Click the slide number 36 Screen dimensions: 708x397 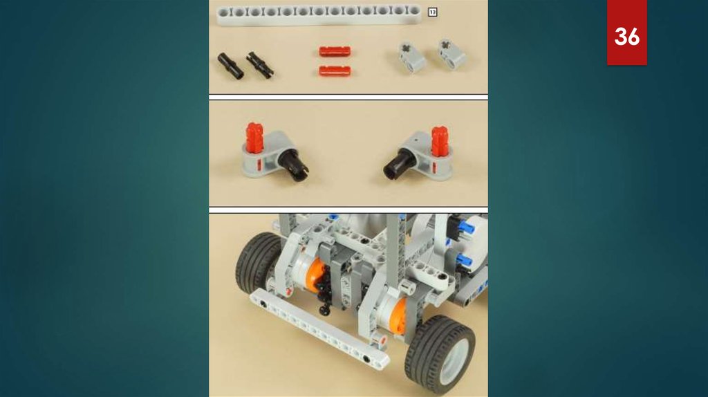click(626, 36)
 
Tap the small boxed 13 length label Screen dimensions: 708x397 click(432, 12)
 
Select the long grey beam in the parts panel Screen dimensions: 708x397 click(319, 15)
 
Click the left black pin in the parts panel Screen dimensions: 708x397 click(230, 66)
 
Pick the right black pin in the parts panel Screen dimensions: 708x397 click(260, 64)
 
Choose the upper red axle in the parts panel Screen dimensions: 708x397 click(335, 51)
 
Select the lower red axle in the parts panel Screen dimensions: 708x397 click(335, 71)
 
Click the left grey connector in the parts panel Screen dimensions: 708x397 click(412, 57)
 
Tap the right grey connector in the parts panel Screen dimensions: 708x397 click(451, 54)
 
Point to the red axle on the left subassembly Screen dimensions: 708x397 click(254, 137)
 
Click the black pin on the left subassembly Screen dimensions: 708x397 click(292, 165)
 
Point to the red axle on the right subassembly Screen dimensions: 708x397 click(439, 141)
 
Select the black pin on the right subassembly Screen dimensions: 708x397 click(400, 164)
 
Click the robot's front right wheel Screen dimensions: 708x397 click(440, 355)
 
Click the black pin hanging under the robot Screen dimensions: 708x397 click(324, 310)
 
